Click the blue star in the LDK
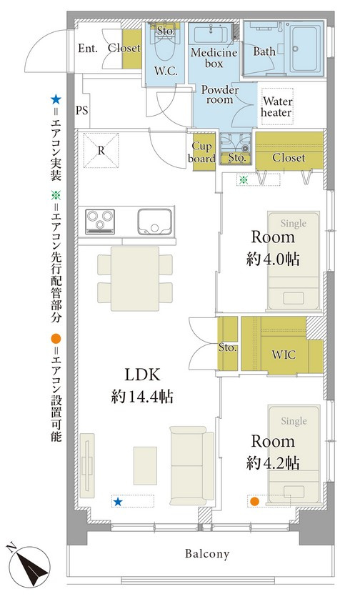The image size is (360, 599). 118,502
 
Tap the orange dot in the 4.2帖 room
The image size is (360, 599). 254,501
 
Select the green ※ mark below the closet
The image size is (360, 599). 243,180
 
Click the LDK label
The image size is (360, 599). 142,375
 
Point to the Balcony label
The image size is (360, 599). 207,553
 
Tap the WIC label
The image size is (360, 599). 284,355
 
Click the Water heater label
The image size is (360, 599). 276,107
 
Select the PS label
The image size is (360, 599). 81,110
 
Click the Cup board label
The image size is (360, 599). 201,152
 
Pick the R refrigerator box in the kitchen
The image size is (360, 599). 101,151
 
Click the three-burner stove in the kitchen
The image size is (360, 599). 100,221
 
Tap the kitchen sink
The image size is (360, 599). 154,222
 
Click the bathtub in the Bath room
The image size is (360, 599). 306,49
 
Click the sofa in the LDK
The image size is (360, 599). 191,465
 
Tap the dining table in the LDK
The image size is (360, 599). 135,279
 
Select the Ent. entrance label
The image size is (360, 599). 88,48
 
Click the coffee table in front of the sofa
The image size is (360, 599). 145,465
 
